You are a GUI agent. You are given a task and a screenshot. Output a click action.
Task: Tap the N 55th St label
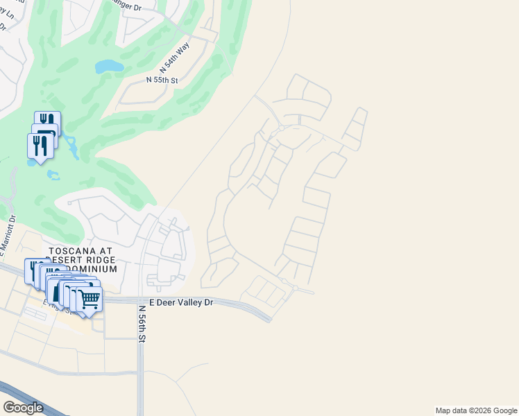[162, 80]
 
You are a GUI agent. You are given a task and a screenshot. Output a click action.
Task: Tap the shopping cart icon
[90, 300]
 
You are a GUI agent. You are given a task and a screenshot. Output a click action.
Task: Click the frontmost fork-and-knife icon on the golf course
[40, 145]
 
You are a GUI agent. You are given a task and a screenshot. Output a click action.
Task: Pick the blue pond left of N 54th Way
[109, 67]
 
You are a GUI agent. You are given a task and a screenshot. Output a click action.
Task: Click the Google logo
[23, 408]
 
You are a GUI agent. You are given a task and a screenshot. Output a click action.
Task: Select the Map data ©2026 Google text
[475, 410]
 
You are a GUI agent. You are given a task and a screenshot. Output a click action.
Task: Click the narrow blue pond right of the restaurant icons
[71, 144]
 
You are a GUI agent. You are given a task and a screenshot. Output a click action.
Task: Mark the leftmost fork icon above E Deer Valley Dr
[33, 268]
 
